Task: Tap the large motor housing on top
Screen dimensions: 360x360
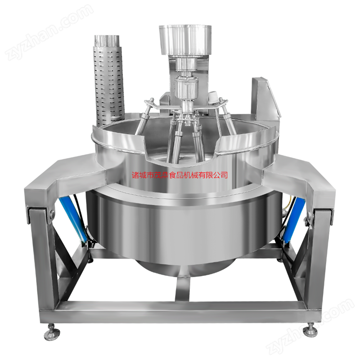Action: (185, 40)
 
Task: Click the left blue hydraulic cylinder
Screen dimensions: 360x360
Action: (73, 219)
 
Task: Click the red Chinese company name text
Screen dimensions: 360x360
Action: (180, 175)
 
